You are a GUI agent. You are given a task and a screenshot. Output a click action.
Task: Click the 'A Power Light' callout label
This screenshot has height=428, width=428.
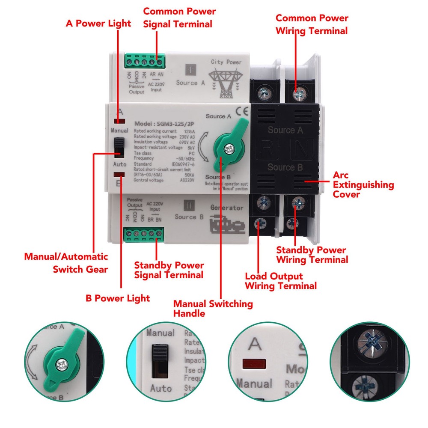(x=98, y=23)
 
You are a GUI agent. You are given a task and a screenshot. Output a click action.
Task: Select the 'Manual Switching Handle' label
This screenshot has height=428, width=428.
(x=213, y=308)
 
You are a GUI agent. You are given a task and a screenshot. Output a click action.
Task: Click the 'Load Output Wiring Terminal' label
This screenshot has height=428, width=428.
(x=280, y=281)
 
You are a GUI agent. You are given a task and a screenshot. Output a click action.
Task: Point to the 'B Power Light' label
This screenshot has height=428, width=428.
(x=117, y=298)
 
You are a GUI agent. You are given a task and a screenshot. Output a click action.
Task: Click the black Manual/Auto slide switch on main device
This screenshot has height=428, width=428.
(x=119, y=148)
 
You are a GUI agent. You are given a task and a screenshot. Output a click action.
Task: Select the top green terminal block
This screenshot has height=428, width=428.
(x=144, y=62)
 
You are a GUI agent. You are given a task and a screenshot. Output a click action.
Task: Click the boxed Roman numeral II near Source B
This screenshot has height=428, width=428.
(x=187, y=205)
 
